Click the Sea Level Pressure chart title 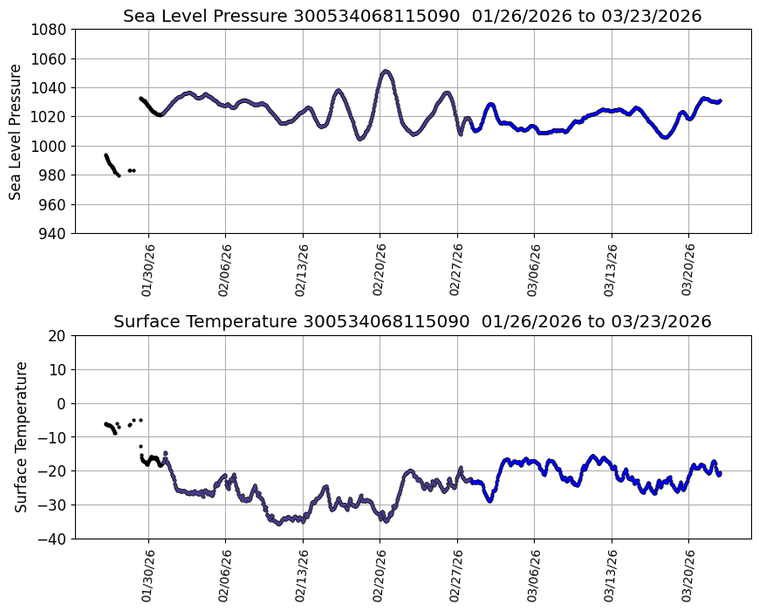412,16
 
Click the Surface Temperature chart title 412,321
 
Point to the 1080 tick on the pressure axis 51,30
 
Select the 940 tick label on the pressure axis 54,233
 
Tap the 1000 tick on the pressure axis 51,146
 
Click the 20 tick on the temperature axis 58,335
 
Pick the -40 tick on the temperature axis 54,539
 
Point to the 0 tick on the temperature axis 62,403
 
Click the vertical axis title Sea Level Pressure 17,131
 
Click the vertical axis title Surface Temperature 21,436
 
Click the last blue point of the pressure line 720,100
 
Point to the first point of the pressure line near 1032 140,99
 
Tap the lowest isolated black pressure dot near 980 119,175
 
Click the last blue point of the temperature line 720,473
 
